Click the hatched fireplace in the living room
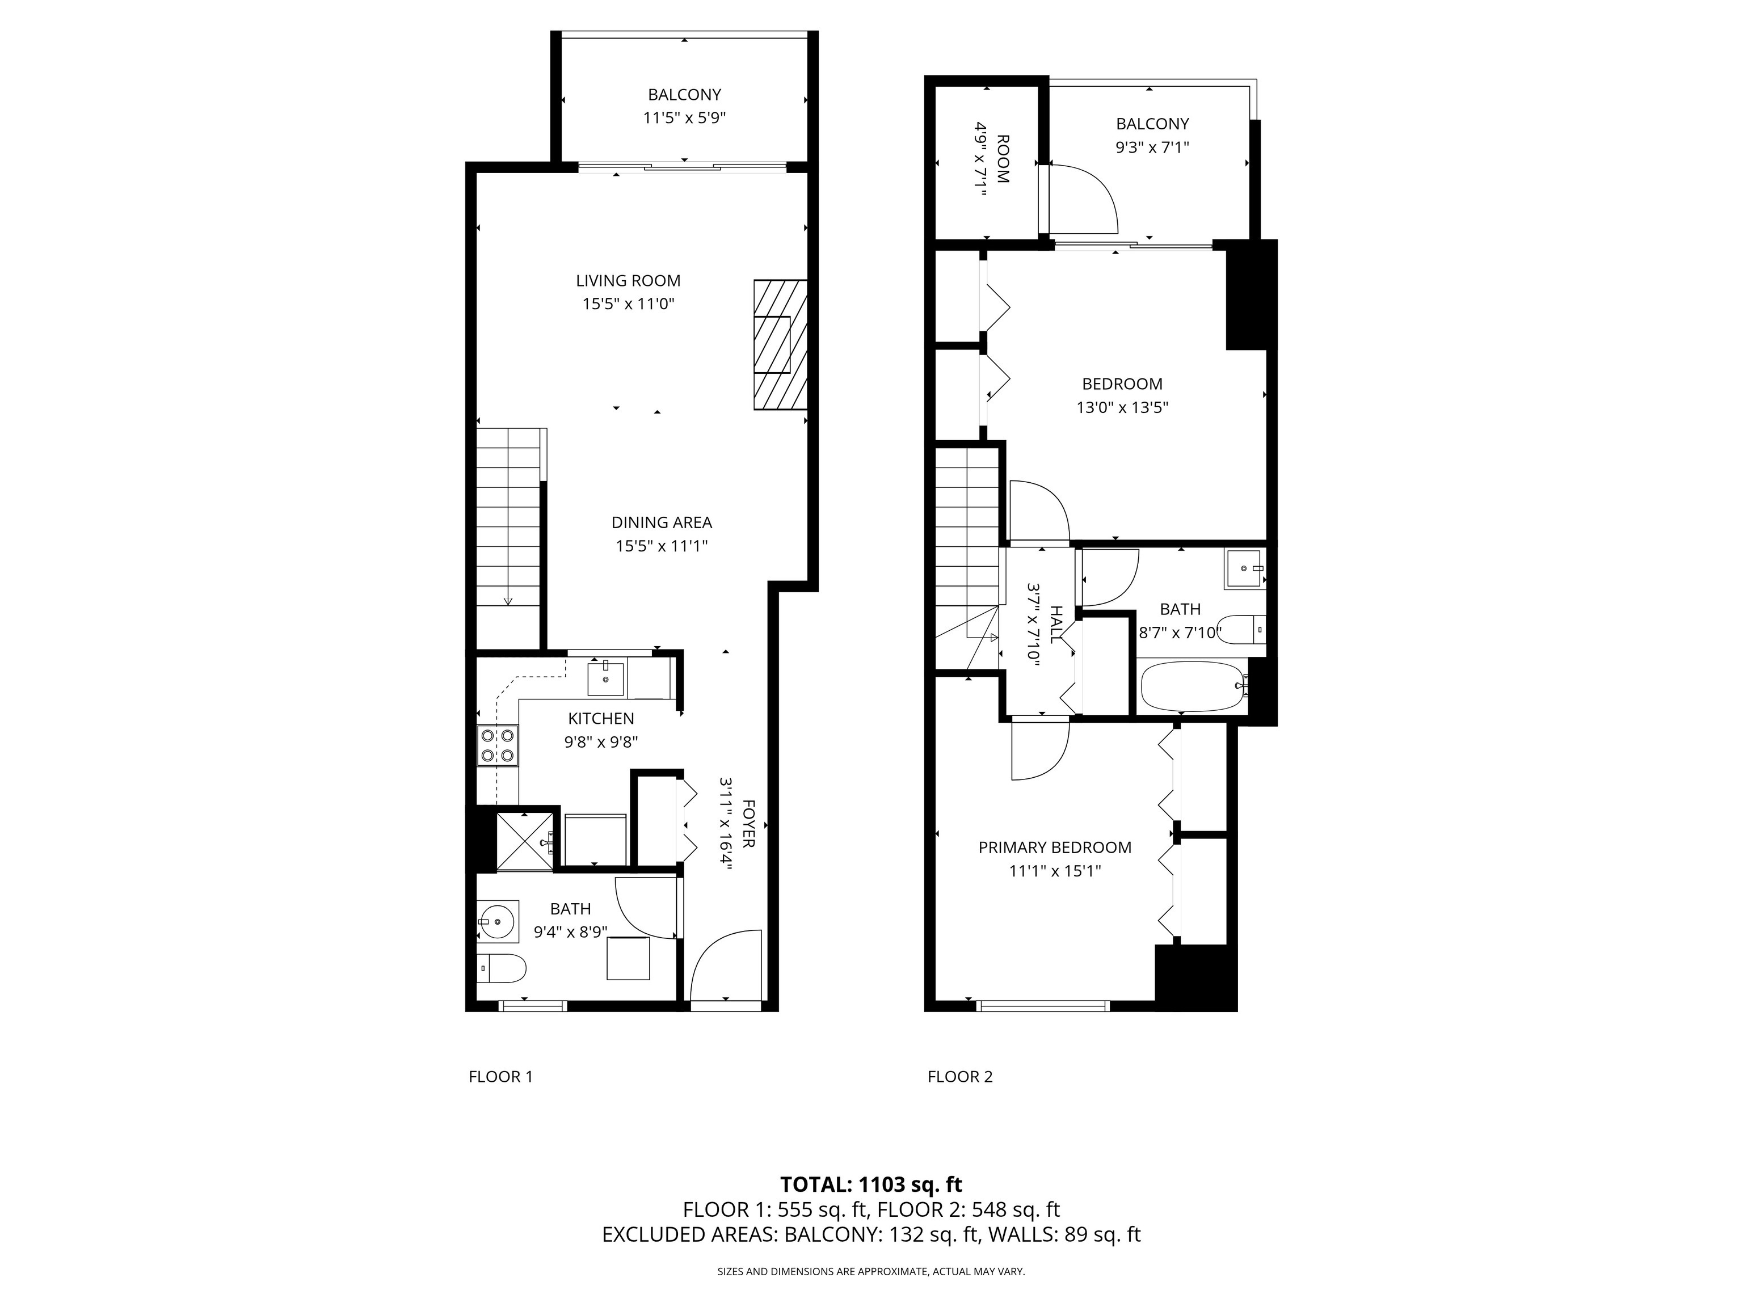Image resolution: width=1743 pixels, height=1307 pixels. [x=780, y=344]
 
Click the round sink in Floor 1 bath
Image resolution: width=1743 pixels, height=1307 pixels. [x=497, y=920]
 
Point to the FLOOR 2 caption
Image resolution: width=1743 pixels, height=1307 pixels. [x=960, y=1077]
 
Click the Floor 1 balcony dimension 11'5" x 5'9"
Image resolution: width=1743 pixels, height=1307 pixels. [x=684, y=118]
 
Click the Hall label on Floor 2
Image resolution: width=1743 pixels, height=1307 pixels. [x=1056, y=625]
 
